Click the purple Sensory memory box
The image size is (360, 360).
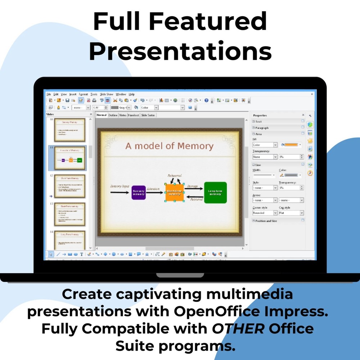click(x=139, y=193)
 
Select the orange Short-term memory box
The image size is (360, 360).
click(x=175, y=193)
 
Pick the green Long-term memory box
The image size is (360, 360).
click(x=215, y=193)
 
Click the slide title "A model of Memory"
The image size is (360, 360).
click(x=169, y=146)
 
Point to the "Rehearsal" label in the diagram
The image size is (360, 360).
click(x=175, y=176)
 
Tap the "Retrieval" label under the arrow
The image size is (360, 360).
click(x=196, y=199)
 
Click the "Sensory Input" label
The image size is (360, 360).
click(x=120, y=186)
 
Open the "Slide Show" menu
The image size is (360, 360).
click(x=106, y=94)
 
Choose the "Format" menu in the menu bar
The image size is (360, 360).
click(x=83, y=94)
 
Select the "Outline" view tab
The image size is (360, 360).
click(x=113, y=115)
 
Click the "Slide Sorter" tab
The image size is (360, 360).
click(x=148, y=115)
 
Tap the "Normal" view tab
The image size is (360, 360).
click(x=102, y=115)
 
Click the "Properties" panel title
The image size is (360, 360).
click(x=260, y=115)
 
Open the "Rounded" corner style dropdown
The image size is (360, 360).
click(x=265, y=213)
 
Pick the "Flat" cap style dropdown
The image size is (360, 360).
click(x=291, y=213)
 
